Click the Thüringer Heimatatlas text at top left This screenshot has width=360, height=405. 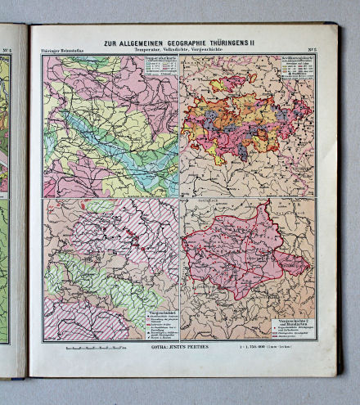62,52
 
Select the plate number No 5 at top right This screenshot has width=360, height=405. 311,52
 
